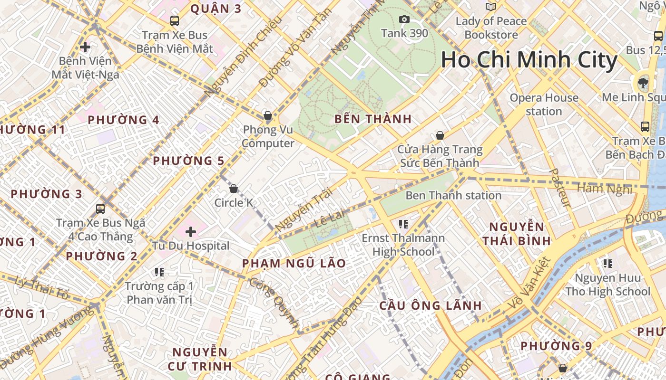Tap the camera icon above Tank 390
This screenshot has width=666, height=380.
pos(404,19)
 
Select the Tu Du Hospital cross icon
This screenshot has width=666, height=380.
pos(191,232)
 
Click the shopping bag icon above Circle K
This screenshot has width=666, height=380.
pos(234,189)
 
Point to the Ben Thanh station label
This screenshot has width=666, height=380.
pos(453,195)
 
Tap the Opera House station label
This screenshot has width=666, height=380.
pos(544,104)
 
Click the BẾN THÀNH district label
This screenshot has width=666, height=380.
pos(373,119)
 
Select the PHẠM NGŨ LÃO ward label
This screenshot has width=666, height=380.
pos(294,263)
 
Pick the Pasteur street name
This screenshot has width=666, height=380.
pos(559,188)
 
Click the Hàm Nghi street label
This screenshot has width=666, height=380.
pos(605,189)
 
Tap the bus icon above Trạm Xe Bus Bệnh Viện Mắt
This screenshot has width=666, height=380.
pos(175,20)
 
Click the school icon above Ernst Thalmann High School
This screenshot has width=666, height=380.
pos(403,224)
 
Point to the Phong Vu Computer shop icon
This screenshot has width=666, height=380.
pos(268,115)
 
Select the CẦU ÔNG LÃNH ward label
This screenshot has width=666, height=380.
pos(431,305)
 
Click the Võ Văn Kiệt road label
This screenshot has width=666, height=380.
pos(528,284)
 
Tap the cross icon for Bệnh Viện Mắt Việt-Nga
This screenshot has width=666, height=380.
pos(85,47)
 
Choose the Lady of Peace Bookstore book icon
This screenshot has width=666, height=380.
pos(490,7)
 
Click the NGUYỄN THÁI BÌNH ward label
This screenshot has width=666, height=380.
pos(517,234)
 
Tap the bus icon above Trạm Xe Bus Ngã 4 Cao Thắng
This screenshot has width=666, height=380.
pos(100,209)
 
